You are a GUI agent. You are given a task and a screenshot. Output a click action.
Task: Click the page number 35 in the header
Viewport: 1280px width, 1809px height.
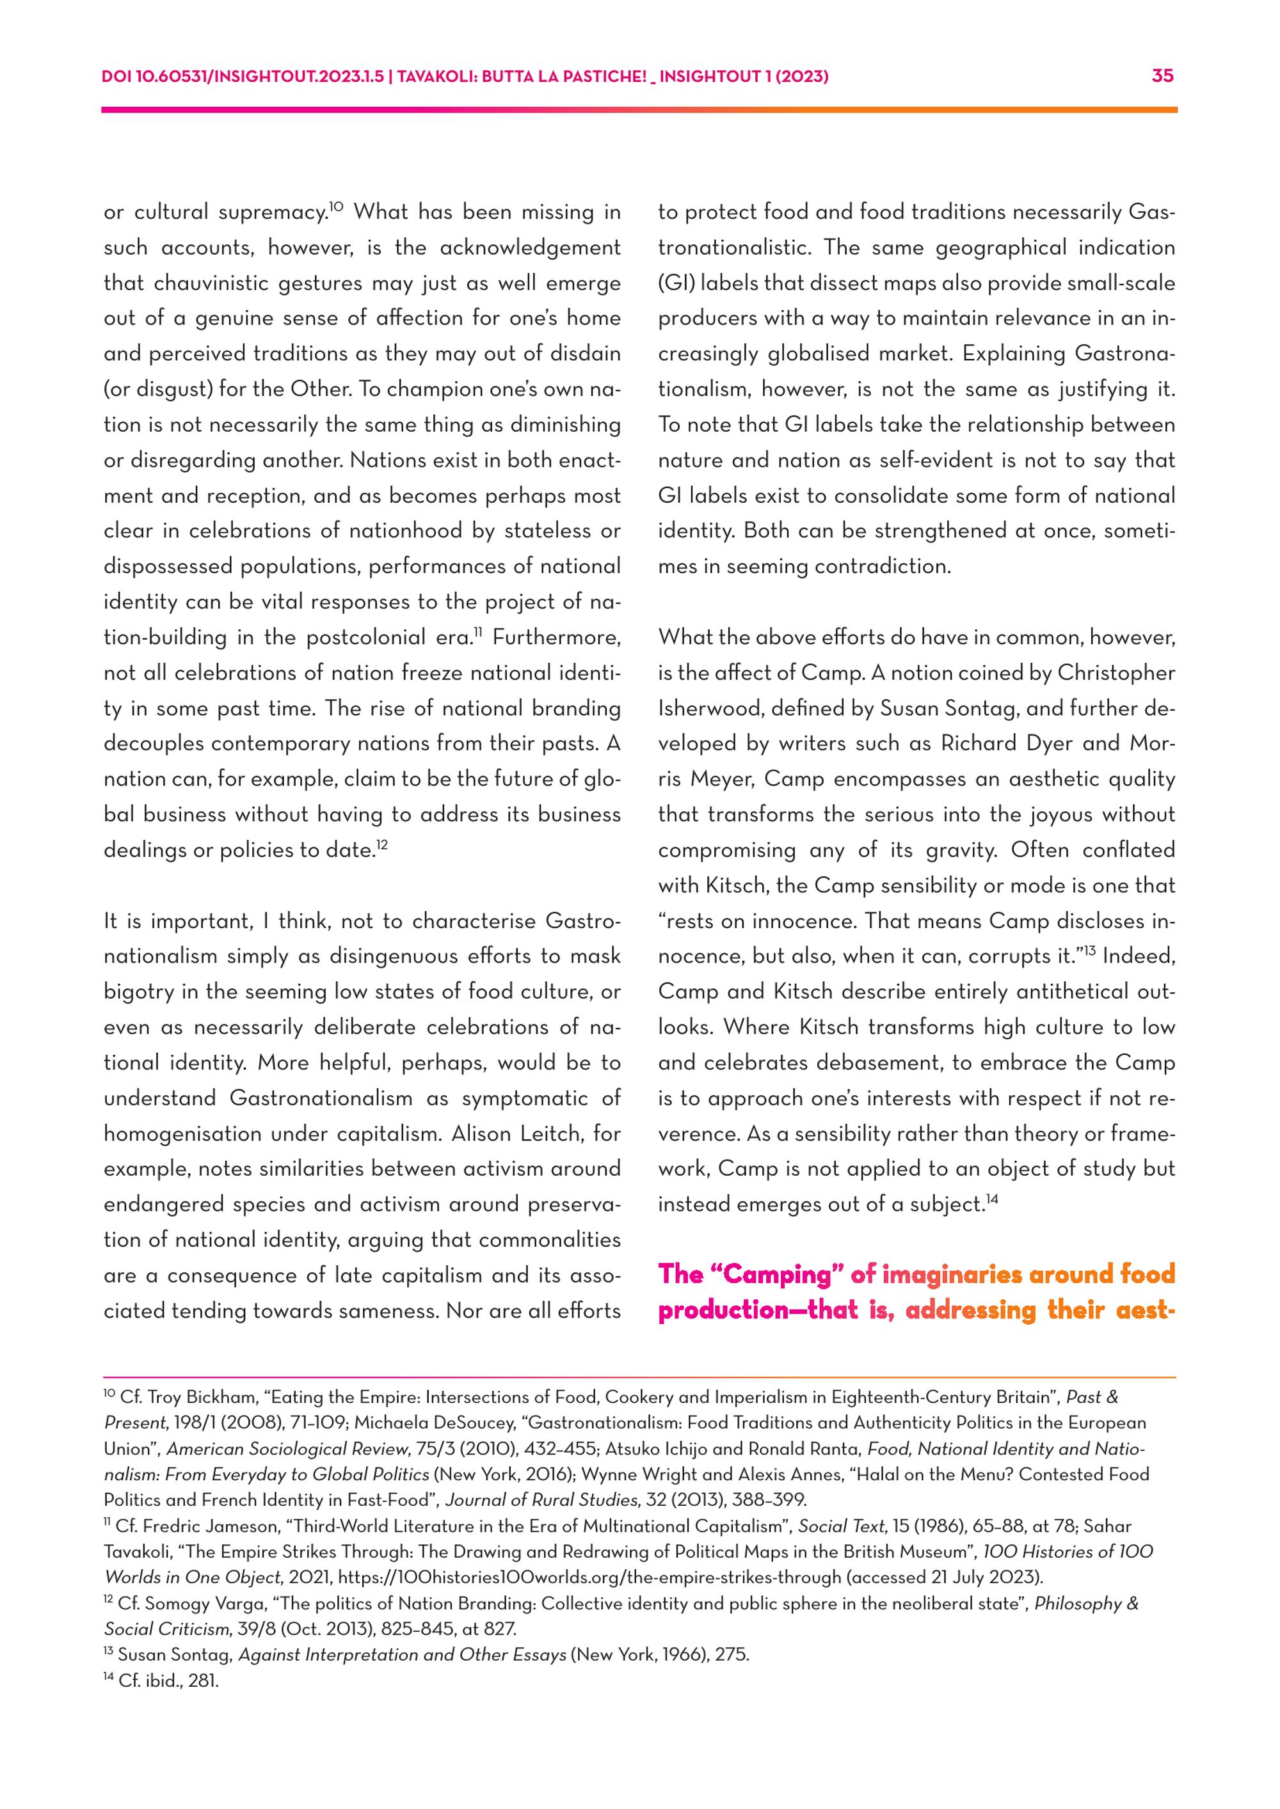pos(1163,76)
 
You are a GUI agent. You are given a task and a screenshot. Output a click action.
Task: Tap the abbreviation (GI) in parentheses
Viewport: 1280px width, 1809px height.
pos(675,283)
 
